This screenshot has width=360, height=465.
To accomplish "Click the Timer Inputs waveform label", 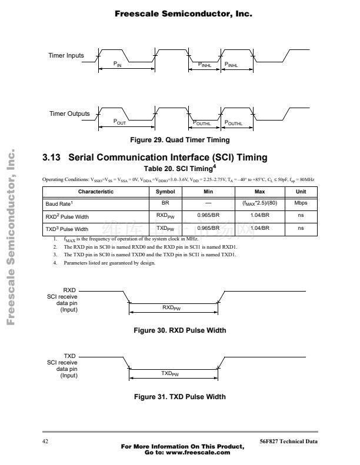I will [66, 56].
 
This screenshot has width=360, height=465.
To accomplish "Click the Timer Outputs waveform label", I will [69, 113].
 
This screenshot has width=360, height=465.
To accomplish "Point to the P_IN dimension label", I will [117, 64].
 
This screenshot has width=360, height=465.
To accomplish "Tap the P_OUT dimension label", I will [119, 123].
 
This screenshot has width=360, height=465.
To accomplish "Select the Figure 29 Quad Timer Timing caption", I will [180, 140].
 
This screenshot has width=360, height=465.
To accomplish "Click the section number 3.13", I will [52, 158].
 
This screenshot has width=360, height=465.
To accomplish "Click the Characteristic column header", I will [95, 192].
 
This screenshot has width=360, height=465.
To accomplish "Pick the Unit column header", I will [301, 192].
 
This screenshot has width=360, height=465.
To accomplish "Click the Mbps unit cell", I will [301, 203].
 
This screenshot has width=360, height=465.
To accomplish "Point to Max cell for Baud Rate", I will [259, 203].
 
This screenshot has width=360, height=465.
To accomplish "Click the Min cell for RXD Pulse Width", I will [208, 215].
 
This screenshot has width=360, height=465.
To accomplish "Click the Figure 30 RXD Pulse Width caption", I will [180, 330].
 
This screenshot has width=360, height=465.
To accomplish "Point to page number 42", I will [45, 441].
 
